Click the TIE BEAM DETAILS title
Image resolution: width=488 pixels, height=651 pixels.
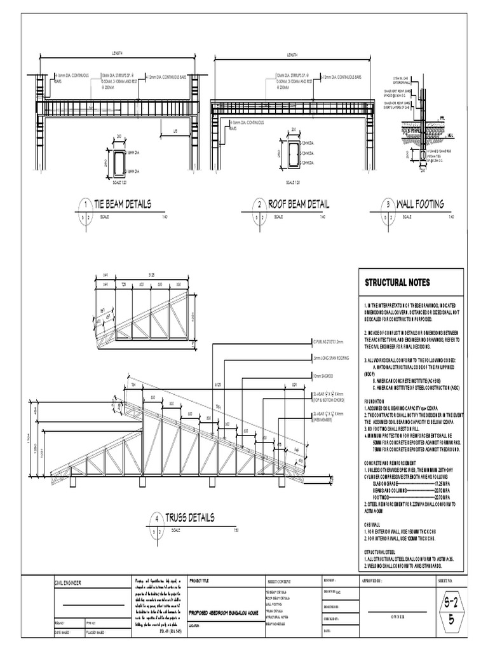click(x=122, y=204)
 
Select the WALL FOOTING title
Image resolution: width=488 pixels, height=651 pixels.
click(x=420, y=204)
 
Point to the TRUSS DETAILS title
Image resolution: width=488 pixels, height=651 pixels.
click(x=189, y=517)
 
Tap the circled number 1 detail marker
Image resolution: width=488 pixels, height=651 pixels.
click(x=85, y=205)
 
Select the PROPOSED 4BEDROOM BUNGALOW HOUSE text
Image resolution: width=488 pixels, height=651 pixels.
click(x=223, y=612)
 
